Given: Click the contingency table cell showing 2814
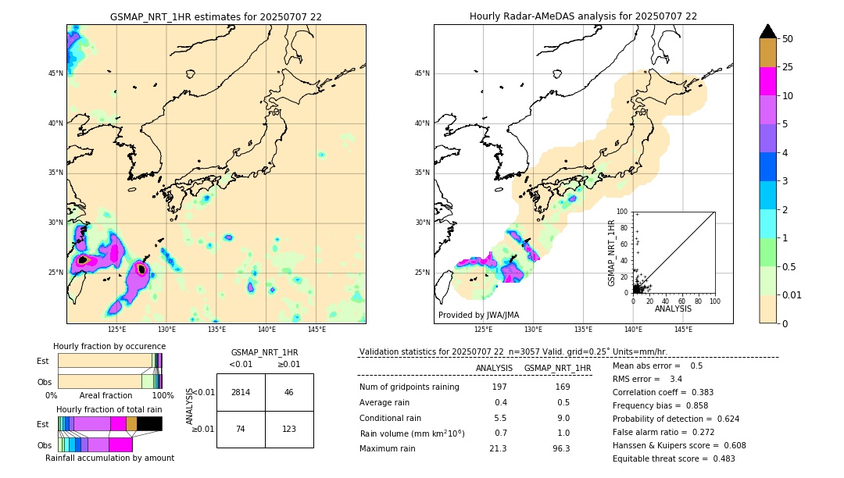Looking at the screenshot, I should click(x=241, y=392).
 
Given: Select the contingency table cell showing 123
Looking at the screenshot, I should click(x=289, y=429).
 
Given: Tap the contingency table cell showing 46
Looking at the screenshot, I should click(x=289, y=392).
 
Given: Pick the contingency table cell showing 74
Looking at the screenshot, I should click(x=241, y=429).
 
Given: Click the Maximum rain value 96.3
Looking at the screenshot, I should click(x=561, y=448).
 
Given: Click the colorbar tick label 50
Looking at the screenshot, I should click(x=788, y=39).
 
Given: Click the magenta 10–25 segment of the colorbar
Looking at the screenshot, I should click(x=767, y=81).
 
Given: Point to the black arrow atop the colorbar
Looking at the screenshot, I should click(x=767, y=31).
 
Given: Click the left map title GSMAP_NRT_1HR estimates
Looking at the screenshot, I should click(x=216, y=16).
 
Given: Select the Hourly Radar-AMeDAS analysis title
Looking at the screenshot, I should click(x=583, y=16).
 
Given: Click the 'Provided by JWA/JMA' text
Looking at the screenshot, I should click(x=478, y=315).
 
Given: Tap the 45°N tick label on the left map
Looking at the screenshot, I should click(x=55, y=73).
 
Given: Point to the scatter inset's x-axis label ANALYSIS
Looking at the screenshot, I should click(x=673, y=309).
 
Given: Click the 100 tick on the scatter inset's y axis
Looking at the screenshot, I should click(x=623, y=212).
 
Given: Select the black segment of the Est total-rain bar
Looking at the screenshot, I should click(x=149, y=423).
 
